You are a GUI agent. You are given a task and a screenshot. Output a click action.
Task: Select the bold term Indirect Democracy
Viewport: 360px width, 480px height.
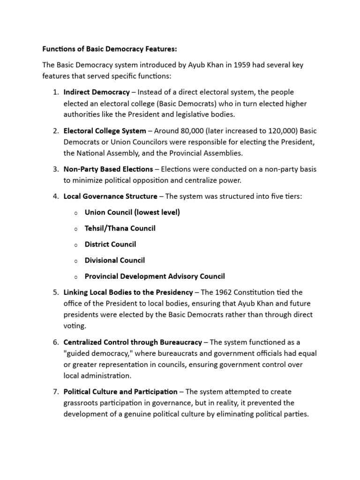coord(97,92)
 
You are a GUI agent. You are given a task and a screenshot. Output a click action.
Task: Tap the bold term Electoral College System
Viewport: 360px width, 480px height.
coord(105,131)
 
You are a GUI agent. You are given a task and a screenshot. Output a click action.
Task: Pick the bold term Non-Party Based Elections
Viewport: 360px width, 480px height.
coord(108,169)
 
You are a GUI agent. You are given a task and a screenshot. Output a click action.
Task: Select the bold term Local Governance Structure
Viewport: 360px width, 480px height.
coord(110,196)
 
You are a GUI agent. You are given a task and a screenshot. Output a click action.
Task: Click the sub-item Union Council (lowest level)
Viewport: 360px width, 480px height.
coord(132,212)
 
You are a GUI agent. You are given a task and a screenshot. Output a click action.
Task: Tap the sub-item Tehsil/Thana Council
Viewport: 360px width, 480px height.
coord(120,228)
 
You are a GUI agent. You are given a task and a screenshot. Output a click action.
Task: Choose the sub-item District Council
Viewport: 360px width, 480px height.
coord(110,244)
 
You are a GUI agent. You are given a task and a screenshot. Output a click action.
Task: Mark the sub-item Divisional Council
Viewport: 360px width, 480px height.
coord(115,260)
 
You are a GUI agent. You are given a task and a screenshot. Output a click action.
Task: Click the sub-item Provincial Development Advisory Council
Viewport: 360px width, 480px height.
coord(155,276)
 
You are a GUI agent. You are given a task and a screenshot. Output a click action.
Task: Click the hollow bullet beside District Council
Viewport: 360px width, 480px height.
coord(75,245)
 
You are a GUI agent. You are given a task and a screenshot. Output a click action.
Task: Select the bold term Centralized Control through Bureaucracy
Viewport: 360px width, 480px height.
coord(133,342)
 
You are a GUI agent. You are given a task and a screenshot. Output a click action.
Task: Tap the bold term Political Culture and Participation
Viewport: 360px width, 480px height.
coord(120,391)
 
